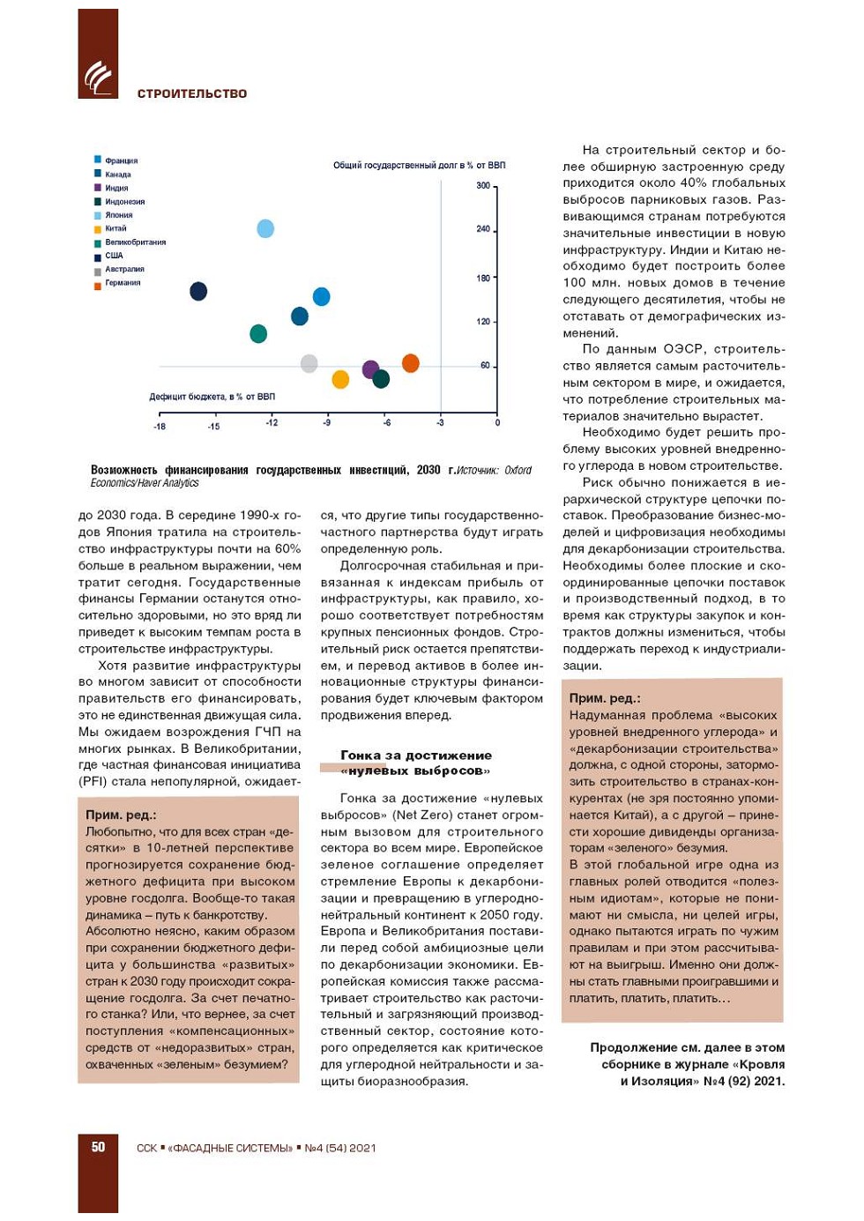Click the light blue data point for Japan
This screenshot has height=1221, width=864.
pyautogui.click(x=265, y=229)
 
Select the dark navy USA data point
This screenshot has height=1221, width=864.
pyautogui.click(x=198, y=291)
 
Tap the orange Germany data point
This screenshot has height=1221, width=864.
pyautogui.click(x=410, y=363)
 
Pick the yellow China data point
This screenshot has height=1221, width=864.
pyautogui.click(x=340, y=379)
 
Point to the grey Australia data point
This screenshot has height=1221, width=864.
pyautogui.click(x=309, y=363)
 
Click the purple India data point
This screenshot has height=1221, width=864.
pyautogui.click(x=371, y=369)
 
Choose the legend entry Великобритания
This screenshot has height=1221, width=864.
pyautogui.click(x=135, y=242)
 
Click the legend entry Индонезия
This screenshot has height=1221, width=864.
pyautogui.click(x=124, y=202)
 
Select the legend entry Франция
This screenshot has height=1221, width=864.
pyautogui.click(x=121, y=161)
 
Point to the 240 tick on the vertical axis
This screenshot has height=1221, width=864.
pyautogui.click(x=483, y=229)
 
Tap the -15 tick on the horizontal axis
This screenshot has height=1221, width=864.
pyautogui.click(x=213, y=427)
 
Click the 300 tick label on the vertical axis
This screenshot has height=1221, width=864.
pyautogui.click(x=483, y=186)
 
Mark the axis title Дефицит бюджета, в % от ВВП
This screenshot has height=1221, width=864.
pyautogui.click(x=212, y=397)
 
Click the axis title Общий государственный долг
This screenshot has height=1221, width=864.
pyautogui.click(x=419, y=166)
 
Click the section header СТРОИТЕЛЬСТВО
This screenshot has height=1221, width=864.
pyautogui.click(x=192, y=93)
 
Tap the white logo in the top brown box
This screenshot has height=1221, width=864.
pyautogui.click(x=98, y=77)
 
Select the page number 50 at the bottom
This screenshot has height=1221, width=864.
pyautogui.click(x=98, y=1147)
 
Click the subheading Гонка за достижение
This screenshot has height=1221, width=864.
pyautogui.click(x=416, y=756)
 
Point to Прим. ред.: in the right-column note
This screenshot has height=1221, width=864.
pyautogui.click(x=605, y=698)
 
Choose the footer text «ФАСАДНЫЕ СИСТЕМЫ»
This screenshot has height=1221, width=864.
pyautogui.click(x=230, y=1148)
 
